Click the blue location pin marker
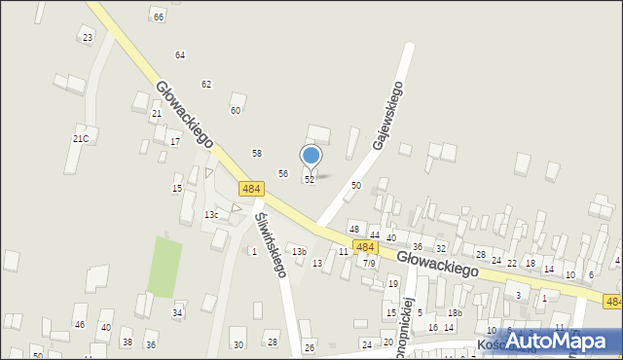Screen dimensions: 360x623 click(311, 157)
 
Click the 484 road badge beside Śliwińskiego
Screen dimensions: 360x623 click(250, 189)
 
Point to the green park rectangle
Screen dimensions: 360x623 click(165, 267)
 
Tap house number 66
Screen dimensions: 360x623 click(159, 17)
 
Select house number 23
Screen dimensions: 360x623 click(88, 38)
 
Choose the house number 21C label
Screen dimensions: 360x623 click(81, 139)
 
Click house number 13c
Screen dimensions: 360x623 click(211, 214)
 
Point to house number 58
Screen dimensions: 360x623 click(257, 153)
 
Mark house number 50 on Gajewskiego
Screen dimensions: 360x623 click(356, 185)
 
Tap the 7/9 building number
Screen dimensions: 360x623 click(369, 263)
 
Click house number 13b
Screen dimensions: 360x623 click(299, 252)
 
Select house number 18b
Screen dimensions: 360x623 click(455, 312)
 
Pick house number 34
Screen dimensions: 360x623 click(177, 312)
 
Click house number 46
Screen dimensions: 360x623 click(80, 324)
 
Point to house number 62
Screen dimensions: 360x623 click(206, 85)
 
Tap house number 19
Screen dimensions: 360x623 click(393, 284)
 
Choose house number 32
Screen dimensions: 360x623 click(441, 249)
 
